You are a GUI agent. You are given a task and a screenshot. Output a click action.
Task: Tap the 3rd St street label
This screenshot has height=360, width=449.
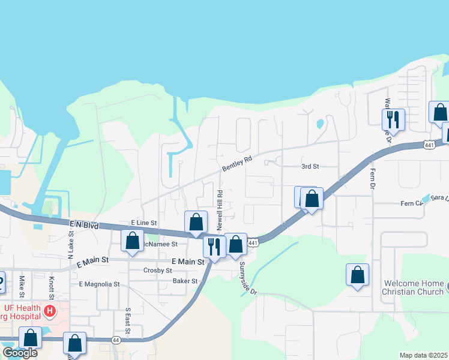(310, 167)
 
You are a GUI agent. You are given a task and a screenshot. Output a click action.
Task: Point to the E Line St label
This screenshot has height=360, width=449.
(143, 223)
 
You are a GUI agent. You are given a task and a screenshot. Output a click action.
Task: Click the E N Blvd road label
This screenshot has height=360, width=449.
(83, 224)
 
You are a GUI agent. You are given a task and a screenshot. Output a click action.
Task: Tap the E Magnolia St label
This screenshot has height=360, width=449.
(99, 284)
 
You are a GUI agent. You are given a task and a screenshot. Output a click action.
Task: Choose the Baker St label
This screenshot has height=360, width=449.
(185, 281)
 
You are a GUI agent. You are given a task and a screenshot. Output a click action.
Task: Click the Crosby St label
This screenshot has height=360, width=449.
(158, 271)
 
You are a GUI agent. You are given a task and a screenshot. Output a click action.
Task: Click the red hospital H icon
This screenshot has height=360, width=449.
(50, 312)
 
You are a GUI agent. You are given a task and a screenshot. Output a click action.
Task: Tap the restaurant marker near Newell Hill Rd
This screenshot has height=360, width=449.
(214, 247)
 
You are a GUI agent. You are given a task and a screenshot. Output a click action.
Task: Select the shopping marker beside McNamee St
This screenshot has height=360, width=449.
(133, 241)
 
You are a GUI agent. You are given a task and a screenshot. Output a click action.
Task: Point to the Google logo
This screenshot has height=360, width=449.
(20, 353)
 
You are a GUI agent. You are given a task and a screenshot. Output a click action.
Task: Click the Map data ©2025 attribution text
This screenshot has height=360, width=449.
(423, 355)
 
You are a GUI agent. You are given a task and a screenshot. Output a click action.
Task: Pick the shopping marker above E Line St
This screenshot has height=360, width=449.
(196, 222)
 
